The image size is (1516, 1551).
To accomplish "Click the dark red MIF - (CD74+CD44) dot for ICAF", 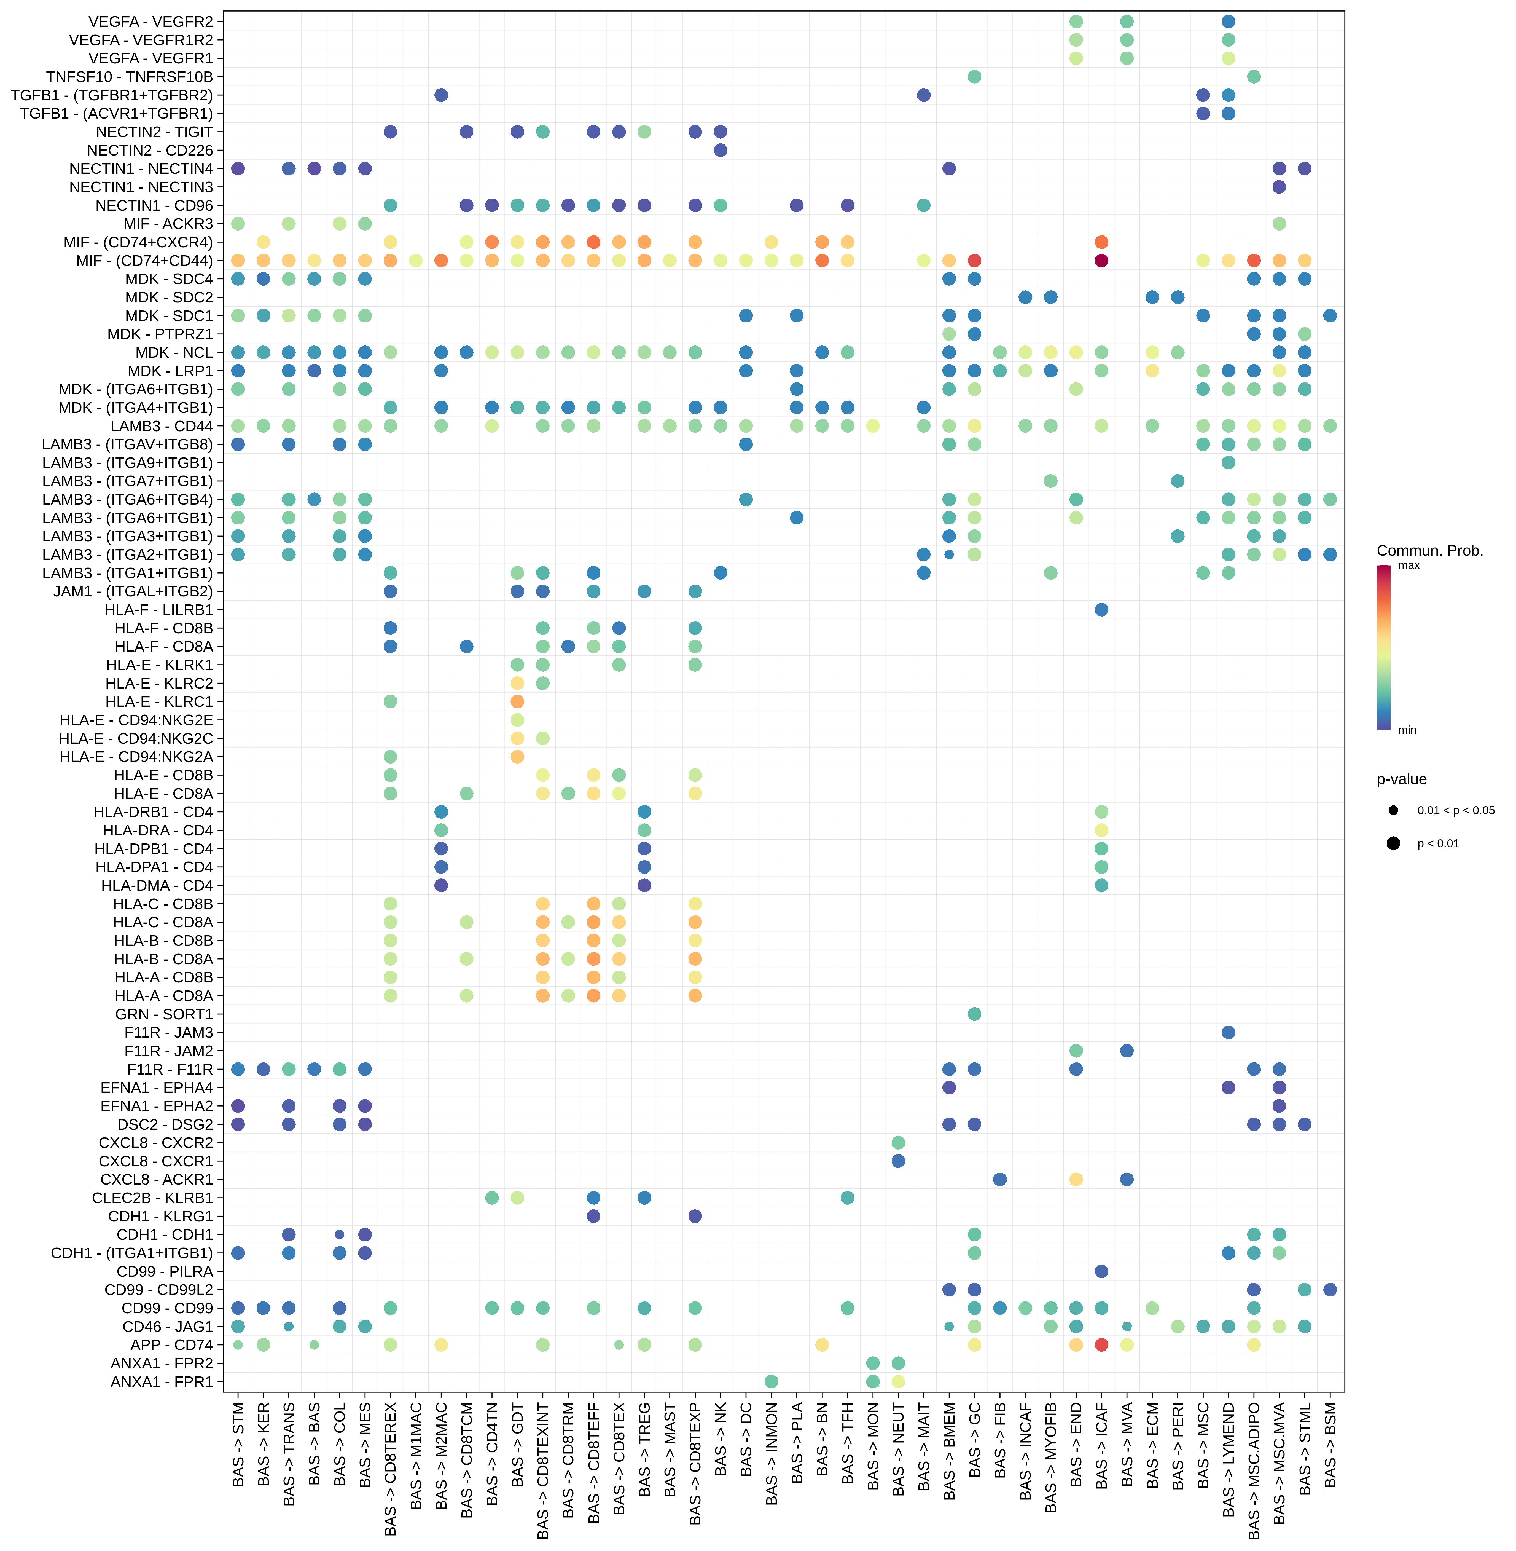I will (x=1101, y=261).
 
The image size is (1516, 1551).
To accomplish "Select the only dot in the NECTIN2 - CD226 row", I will (x=721, y=150).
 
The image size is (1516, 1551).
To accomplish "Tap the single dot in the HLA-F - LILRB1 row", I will (x=1101, y=609).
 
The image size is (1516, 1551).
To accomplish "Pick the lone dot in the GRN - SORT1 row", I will (x=975, y=1014).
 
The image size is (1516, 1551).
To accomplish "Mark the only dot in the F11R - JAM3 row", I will (x=1229, y=1032).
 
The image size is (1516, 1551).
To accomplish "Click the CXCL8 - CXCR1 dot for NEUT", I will (x=898, y=1161).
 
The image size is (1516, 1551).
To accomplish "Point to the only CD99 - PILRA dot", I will (x=1101, y=1271).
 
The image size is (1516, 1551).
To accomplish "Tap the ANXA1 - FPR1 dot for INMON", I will (x=771, y=1381).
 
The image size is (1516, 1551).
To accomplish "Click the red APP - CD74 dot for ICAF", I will (x=1101, y=1345).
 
